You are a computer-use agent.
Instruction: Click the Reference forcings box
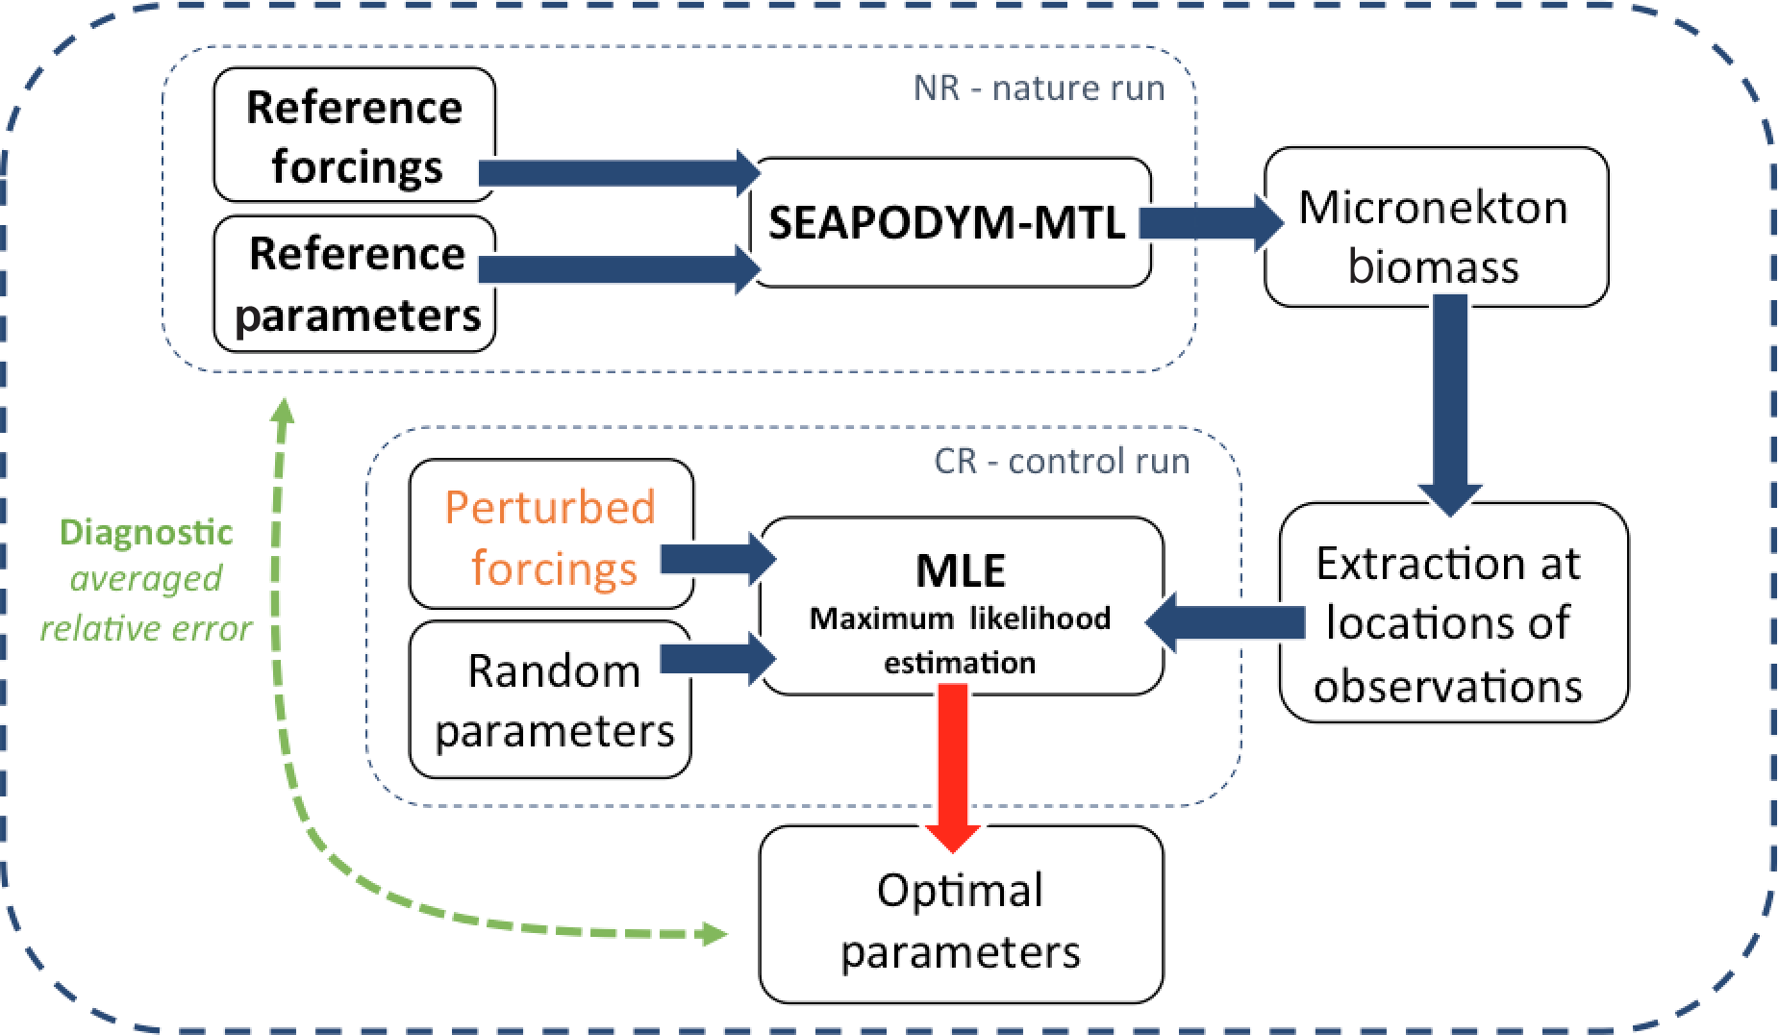tap(354, 134)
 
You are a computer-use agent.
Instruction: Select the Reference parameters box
tap(354, 284)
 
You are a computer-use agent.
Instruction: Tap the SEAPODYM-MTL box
tap(950, 222)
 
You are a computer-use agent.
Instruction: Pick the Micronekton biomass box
tap(1436, 227)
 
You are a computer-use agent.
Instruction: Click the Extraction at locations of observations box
tap(1453, 612)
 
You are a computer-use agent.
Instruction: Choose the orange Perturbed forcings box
tap(551, 534)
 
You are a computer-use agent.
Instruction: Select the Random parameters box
tap(551, 698)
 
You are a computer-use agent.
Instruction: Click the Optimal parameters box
tap(961, 914)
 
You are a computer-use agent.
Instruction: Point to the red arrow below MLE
tap(954, 768)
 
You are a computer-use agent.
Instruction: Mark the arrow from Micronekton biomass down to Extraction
tap(1450, 404)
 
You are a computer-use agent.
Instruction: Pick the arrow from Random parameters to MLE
tap(718, 658)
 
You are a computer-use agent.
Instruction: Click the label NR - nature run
tap(1039, 88)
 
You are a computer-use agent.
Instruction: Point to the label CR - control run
tap(1062, 461)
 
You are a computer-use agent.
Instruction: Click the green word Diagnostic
tap(146, 532)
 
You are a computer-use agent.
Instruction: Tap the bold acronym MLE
tap(961, 570)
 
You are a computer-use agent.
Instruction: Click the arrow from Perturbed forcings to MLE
tap(718, 559)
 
